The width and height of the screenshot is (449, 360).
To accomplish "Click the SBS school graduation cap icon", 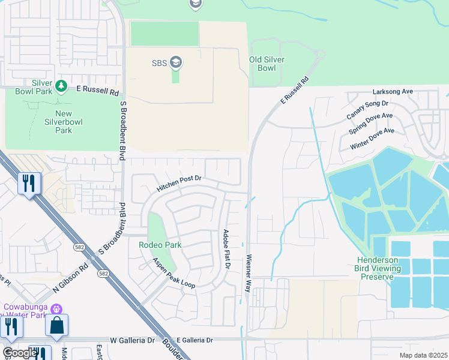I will click(x=176, y=62).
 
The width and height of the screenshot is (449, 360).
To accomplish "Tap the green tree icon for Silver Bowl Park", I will click(x=61, y=87).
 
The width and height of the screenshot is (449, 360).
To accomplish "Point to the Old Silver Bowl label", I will click(x=267, y=64).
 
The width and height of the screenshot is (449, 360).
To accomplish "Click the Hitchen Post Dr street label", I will click(x=178, y=183).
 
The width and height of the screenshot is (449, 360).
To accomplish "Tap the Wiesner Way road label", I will click(x=248, y=273).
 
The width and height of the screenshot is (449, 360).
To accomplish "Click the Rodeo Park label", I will click(x=160, y=245).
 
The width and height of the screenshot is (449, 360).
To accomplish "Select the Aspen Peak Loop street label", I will click(x=173, y=273).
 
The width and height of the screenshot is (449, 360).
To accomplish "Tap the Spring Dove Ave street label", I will click(x=371, y=124).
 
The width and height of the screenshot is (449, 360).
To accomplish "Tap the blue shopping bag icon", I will click(x=56, y=325).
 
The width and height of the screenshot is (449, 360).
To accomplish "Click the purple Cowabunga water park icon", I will click(x=56, y=309).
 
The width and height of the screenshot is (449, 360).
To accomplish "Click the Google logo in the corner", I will click(x=19, y=353).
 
